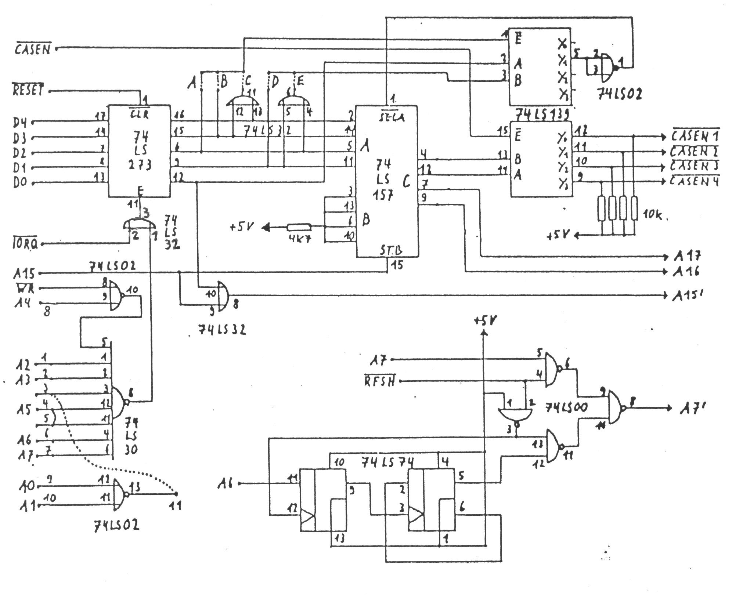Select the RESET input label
(28, 90)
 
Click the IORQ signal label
(25, 244)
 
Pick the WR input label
(26, 288)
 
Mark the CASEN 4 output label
(694, 181)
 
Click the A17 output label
(686, 256)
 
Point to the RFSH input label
(380, 381)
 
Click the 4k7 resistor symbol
(299, 228)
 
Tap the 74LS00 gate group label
(566, 407)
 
